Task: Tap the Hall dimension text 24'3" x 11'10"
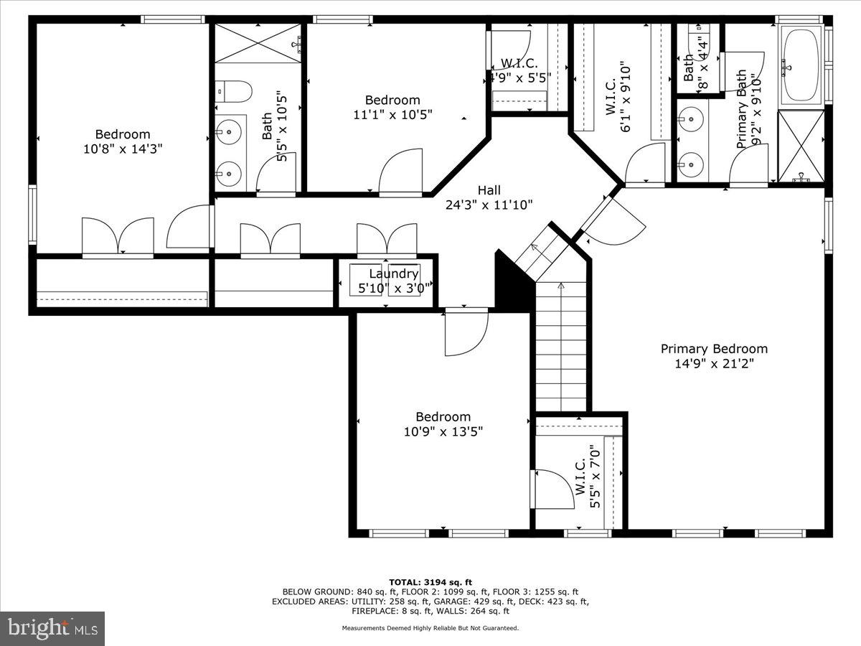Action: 489,205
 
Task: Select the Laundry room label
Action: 394,273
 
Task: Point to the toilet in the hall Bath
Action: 235,92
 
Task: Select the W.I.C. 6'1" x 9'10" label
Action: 618,97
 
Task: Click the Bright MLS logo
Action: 52,628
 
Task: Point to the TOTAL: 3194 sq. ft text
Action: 430,582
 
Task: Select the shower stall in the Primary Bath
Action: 801,146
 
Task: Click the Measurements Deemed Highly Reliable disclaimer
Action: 430,628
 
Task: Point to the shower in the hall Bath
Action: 258,43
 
